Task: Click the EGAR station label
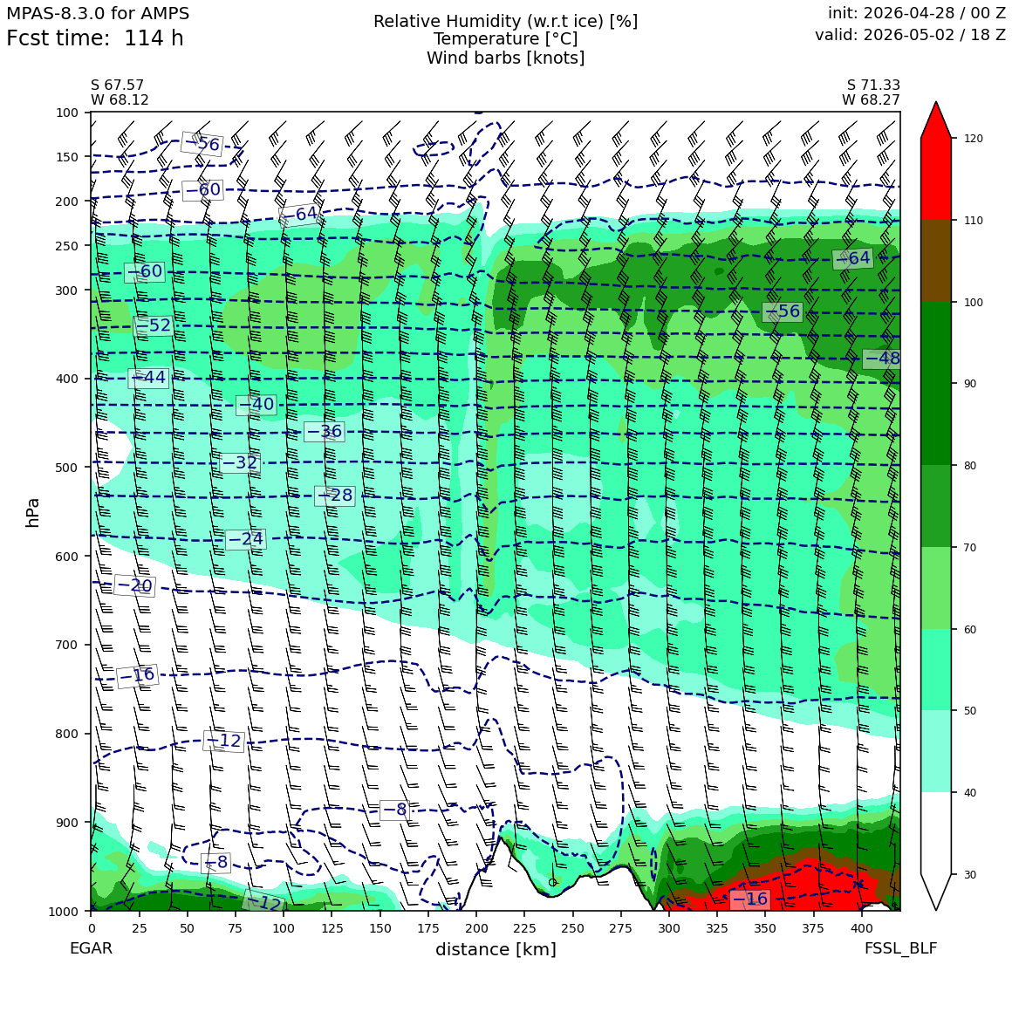click(91, 948)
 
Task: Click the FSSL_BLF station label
click(901, 948)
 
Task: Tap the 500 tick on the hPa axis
click(66, 468)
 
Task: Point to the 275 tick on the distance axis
click(621, 928)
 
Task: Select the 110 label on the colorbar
click(974, 221)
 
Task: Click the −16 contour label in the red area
click(750, 899)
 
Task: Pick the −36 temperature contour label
click(324, 432)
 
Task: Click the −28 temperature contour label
click(335, 496)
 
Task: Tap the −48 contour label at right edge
click(882, 359)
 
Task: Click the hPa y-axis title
click(32, 513)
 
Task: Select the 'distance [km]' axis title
click(496, 949)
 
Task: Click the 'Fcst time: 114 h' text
click(95, 38)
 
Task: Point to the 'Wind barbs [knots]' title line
click(505, 58)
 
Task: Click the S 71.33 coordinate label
click(873, 85)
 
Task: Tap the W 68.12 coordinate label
click(120, 100)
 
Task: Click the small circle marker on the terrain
click(552, 882)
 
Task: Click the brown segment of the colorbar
click(936, 262)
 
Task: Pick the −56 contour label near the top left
click(202, 143)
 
